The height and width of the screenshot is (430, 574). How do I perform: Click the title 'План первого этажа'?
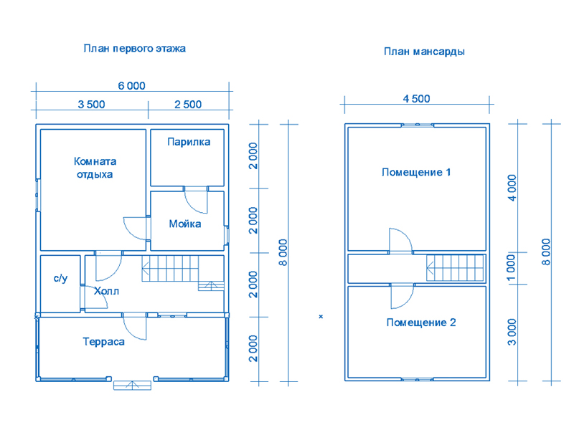point(134,49)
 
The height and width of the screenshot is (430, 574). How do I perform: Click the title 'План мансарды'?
point(424,52)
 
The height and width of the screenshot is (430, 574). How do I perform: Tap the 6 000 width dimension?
point(131,85)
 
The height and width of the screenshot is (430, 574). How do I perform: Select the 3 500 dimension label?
point(91,105)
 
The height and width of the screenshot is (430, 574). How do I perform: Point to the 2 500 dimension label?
point(188,105)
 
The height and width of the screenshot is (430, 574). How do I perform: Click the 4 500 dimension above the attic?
point(416,99)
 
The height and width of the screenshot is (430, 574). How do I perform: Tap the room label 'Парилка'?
point(189,142)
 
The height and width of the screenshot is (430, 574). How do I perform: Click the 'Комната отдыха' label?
point(95,168)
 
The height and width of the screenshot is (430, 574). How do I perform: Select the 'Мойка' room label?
point(185,224)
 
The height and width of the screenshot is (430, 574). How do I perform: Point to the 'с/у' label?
point(60,278)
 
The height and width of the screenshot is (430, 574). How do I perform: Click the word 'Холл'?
point(106,291)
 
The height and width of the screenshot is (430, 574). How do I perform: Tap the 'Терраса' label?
point(103,342)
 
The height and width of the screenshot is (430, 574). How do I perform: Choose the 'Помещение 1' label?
point(416,172)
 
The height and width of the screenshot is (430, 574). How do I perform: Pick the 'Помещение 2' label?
point(421,322)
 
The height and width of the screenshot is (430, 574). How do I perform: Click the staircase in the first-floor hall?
point(183,273)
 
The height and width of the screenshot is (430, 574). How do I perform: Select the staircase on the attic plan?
point(455,267)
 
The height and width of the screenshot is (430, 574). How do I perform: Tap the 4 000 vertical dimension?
point(512,188)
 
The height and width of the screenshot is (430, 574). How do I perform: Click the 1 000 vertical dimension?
point(512,267)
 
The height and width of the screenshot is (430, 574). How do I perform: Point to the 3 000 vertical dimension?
point(512,332)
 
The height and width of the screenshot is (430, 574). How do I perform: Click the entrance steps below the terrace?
point(132,386)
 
